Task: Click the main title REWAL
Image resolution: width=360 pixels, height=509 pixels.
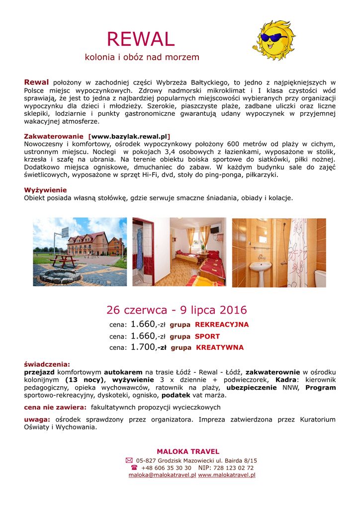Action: coord(141,39)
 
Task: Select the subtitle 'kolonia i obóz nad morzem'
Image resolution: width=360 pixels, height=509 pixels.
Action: coord(142,57)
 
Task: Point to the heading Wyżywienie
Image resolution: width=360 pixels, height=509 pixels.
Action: coord(45,190)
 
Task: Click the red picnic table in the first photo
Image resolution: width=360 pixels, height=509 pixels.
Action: coord(64,259)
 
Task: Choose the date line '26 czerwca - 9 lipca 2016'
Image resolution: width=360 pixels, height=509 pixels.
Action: coord(177,310)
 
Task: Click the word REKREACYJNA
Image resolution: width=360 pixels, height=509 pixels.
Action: coord(222,325)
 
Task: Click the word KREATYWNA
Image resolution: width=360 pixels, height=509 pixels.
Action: coord(220,347)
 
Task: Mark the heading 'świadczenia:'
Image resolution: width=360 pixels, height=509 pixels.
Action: coord(47,364)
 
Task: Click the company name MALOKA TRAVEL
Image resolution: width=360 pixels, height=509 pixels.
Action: coord(188,451)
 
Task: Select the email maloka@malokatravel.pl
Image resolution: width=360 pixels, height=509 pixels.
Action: coord(162,475)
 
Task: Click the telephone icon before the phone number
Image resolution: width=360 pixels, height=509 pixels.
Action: coord(134,468)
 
